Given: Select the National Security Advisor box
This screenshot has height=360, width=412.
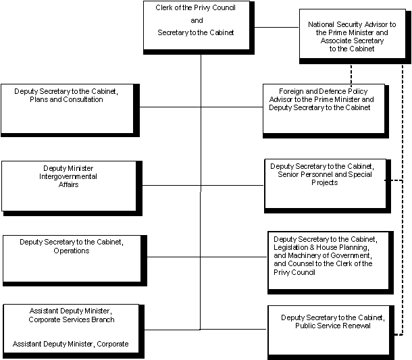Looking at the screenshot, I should [351, 36].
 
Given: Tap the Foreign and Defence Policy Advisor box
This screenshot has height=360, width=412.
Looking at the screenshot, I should [324, 109].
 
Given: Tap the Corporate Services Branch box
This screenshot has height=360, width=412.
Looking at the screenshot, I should [71, 330].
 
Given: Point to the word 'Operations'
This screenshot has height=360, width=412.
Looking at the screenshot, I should [71, 251].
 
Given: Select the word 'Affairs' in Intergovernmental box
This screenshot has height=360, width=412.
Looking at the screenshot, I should [68, 184].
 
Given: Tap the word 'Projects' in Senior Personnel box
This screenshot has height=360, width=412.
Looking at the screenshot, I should [325, 182].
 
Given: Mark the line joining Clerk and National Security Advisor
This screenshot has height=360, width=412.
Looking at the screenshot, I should [278, 28].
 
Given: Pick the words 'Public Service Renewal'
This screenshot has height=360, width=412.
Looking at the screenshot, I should [332, 326].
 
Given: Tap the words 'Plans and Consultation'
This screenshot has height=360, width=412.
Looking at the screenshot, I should [66, 100].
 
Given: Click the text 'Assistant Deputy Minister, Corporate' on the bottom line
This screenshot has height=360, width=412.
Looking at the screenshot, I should [70, 344].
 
